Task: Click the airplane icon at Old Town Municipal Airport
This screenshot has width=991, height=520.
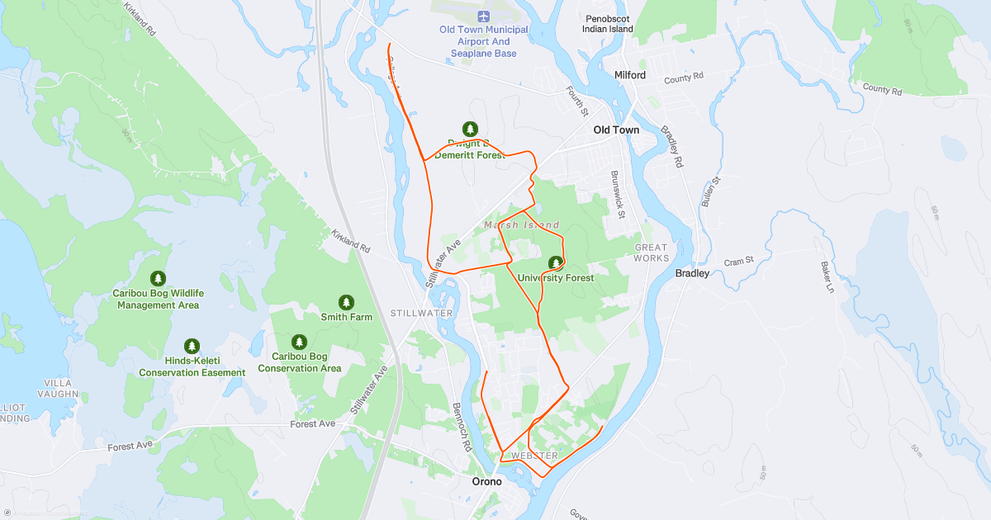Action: (484, 16)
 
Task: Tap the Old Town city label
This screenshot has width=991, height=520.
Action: (616, 130)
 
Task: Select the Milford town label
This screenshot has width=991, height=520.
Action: (630, 75)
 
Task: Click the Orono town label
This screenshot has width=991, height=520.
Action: (486, 481)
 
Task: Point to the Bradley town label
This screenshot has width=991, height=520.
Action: (692, 273)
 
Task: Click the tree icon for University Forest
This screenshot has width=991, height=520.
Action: (556, 262)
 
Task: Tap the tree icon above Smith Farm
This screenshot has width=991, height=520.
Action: (346, 302)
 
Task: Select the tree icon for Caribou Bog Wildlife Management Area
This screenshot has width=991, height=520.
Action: (158, 279)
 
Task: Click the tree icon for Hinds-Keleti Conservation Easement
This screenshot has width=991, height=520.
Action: (192, 346)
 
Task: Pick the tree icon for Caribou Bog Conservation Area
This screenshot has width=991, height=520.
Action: (299, 342)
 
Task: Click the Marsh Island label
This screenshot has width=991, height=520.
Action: (521, 225)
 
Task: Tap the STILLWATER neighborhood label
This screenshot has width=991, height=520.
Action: (421, 314)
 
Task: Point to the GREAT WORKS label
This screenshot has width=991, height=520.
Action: (651, 253)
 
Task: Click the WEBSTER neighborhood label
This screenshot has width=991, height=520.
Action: (534, 456)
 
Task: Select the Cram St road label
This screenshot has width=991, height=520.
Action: (739, 261)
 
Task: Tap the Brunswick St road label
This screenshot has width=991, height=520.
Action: (616, 195)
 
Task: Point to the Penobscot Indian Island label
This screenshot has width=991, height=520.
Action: (609, 23)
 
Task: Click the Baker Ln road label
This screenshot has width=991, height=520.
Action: (826, 277)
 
